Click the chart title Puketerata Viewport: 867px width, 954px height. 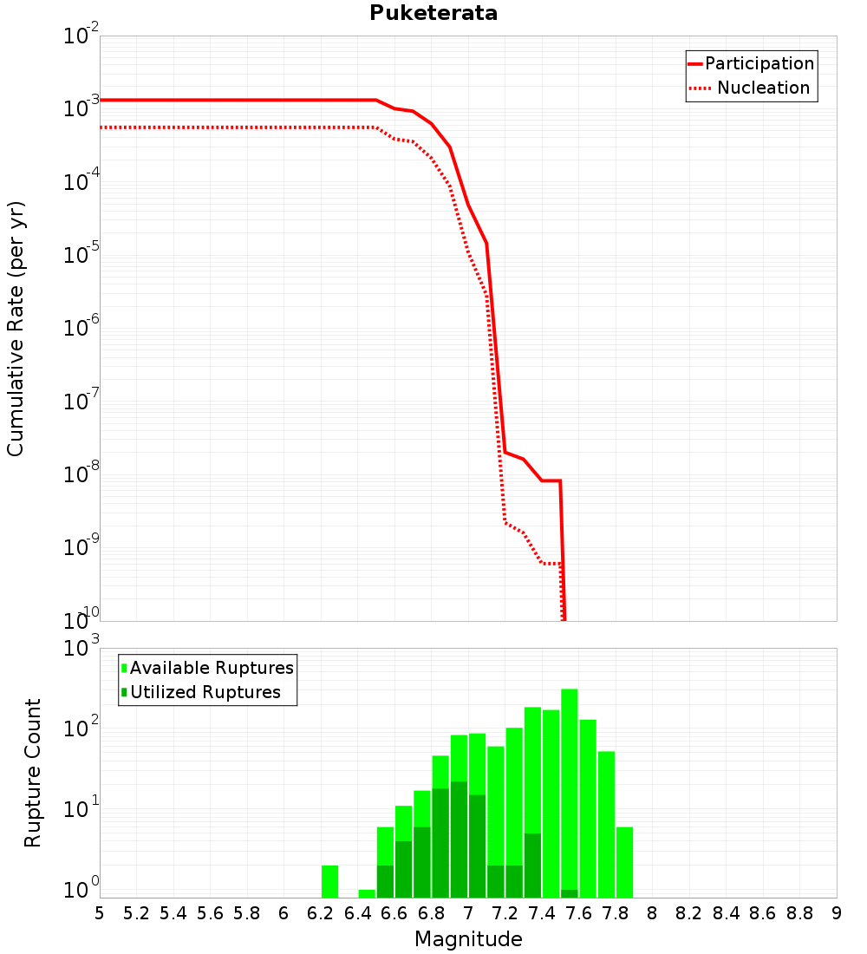point(433,14)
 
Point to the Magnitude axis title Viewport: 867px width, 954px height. point(468,939)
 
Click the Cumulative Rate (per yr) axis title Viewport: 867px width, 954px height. point(16,328)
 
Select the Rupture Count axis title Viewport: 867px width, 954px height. point(33,773)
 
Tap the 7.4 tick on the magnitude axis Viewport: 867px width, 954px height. point(542,913)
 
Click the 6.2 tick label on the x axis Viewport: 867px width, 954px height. point(321,913)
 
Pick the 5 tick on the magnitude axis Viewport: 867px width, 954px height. point(100,913)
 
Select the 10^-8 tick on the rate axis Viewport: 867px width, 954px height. point(81,475)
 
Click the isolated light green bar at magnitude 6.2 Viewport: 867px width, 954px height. point(329,881)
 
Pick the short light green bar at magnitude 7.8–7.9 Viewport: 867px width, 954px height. point(624,862)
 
